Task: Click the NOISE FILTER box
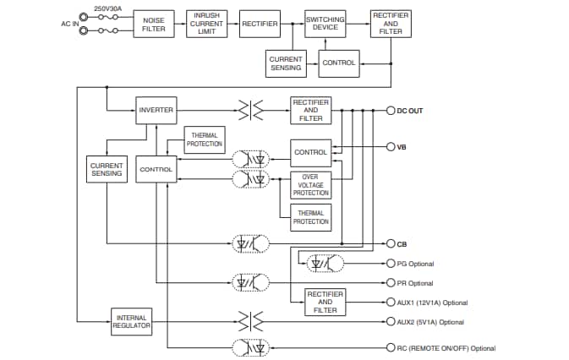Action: (154, 25)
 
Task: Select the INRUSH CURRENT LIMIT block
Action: (206, 24)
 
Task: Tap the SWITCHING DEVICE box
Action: (326, 23)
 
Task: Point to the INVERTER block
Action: (156, 110)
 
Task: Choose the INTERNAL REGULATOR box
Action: (132, 321)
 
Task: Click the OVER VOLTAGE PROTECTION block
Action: (310, 185)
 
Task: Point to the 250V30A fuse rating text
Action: (107, 8)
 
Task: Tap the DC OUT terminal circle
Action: (391, 111)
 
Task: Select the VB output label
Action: (402, 147)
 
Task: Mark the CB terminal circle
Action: (391, 243)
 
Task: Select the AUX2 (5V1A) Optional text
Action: (429, 322)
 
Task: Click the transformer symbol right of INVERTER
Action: (250, 110)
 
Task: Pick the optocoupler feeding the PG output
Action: (325, 264)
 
